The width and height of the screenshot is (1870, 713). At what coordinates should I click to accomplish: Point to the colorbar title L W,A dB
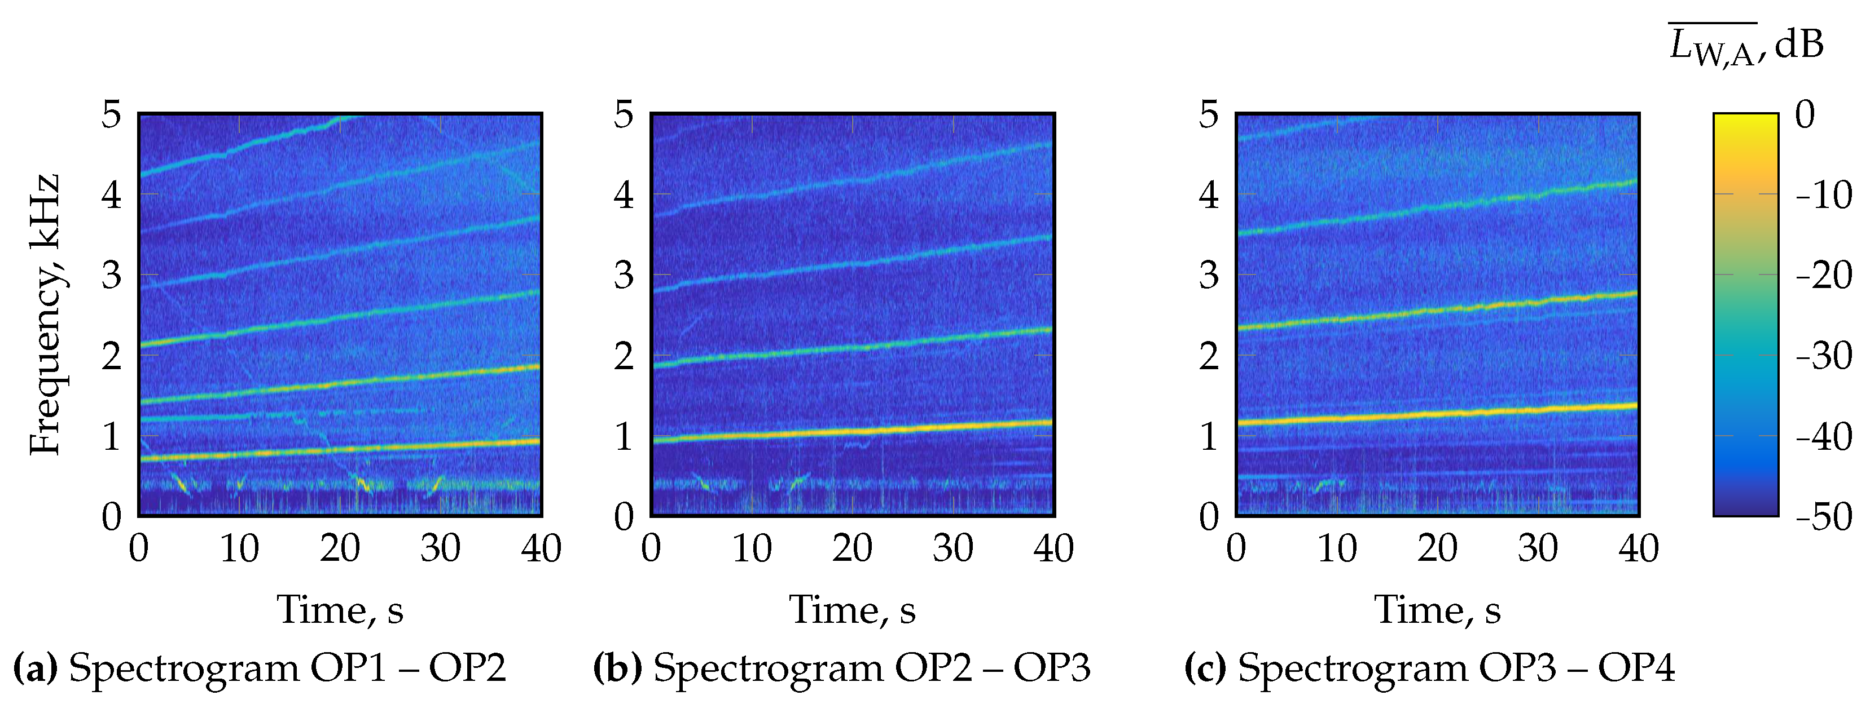pyautogui.click(x=1745, y=46)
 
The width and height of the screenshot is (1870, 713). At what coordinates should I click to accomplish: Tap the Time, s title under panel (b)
pyautogui.click(x=852, y=609)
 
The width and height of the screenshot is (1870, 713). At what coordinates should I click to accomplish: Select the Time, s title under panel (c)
pyautogui.click(x=1437, y=609)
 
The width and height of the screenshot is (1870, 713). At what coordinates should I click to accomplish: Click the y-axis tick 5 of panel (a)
pyautogui.click(x=111, y=114)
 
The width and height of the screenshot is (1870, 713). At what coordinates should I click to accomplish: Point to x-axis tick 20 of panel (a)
pyautogui.click(x=340, y=548)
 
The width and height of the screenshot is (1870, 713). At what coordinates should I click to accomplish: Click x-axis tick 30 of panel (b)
pyautogui.click(x=952, y=548)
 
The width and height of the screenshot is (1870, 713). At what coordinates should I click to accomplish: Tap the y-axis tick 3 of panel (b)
pyautogui.click(x=624, y=276)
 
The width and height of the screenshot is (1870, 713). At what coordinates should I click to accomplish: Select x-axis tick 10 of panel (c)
pyautogui.click(x=1336, y=548)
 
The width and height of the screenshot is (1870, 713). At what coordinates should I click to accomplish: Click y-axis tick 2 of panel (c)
pyautogui.click(x=1209, y=356)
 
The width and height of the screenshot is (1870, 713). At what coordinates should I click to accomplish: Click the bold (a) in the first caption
pyautogui.click(x=36, y=667)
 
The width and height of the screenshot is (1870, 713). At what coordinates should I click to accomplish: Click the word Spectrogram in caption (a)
pyautogui.click(x=183, y=667)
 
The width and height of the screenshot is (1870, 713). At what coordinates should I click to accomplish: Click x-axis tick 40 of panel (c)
pyautogui.click(x=1639, y=548)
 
